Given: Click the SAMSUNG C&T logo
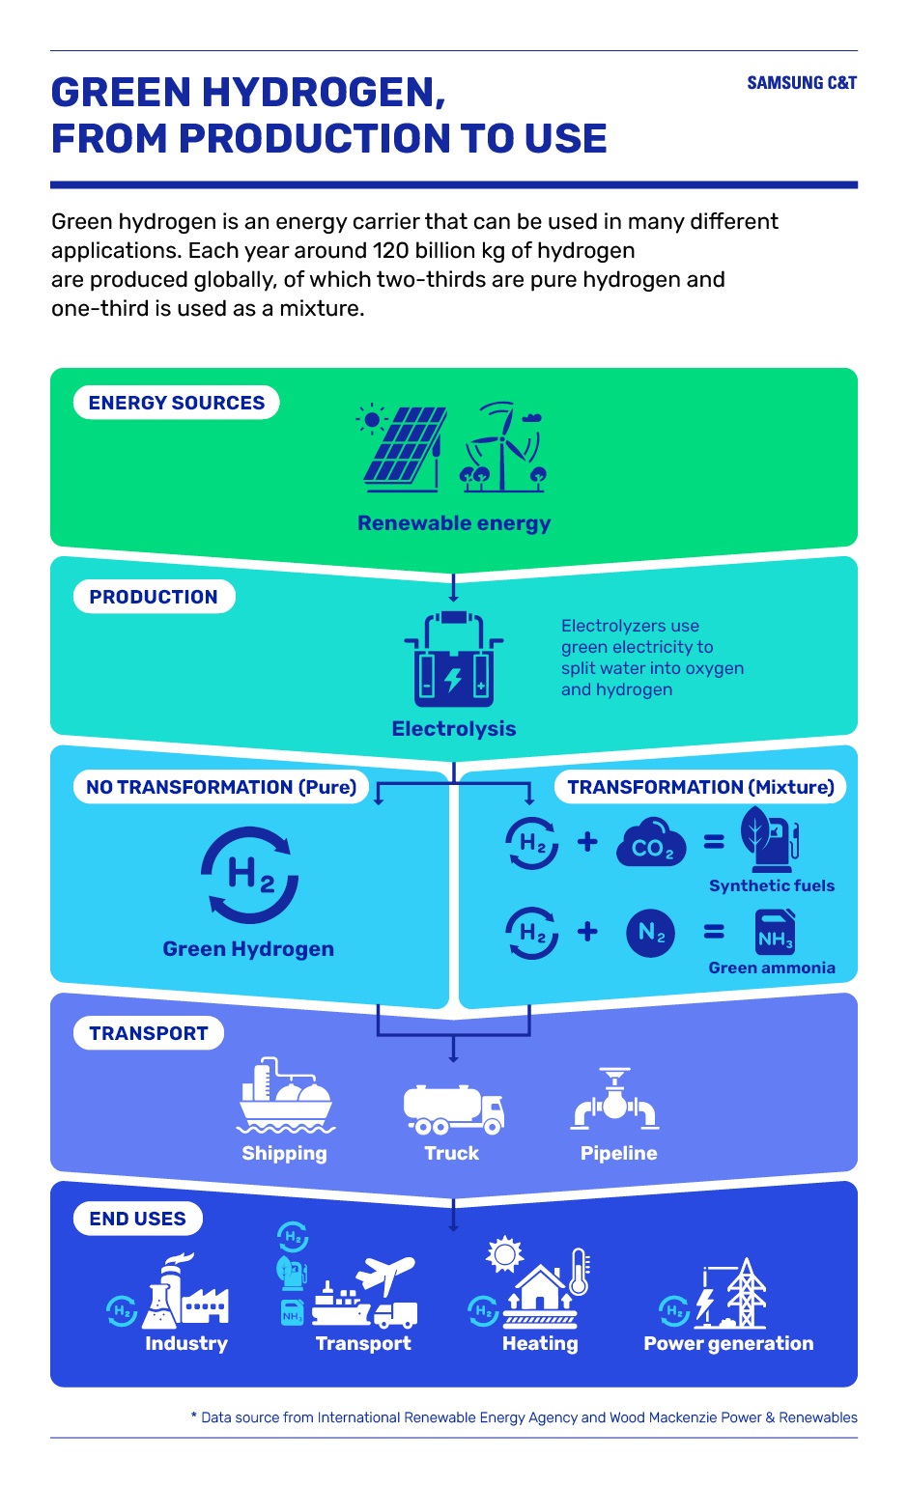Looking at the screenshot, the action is pyautogui.click(x=802, y=83).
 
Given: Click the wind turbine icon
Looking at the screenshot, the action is pyautogui.click(x=503, y=446).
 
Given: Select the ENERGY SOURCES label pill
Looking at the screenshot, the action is pyautogui.click(x=176, y=403).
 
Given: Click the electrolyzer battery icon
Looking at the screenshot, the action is pyautogui.click(x=454, y=659).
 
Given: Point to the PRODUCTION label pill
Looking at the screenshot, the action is pyautogui.click(x=155, y=596).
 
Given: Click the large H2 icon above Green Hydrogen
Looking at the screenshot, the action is pyautogui.click(x=250, y=875).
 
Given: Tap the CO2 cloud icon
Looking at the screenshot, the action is pyautogui.click(x=651, y=842).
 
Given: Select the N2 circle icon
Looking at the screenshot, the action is pyautogui.click(x=650, y=933).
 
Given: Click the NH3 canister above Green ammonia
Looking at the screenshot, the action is pyautogui.click(x=775, y=932).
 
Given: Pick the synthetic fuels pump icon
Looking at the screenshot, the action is pyautogui.click(x=770, y=839).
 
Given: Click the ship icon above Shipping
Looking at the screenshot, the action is pyautogui.click(x=286, y=1095).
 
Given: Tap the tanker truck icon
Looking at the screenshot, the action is pyautogui.click(x=454, y=1109).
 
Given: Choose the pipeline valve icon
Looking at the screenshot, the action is pyautogui.click(x=615, y=1099).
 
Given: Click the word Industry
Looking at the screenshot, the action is pyautogui.click(x=186, y=1343).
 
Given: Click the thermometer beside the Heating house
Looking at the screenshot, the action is pyautogui.click(x=580, y=1272).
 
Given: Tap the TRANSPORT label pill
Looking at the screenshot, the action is pyautogui.click(x=149, y=1033).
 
